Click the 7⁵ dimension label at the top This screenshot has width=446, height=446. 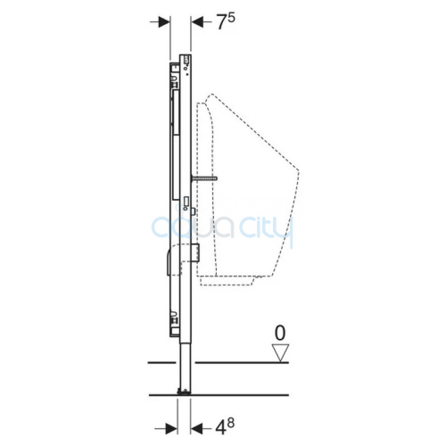pyautogui.click(x=226, y=22)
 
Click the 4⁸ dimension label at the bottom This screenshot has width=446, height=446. pyautogui.click(x=225, y=427)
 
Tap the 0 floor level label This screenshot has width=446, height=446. pyautogui.click(x=280, y=333)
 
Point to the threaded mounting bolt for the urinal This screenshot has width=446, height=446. pyautogui.click(x=204, y=178)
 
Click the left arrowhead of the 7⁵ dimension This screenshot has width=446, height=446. pyautogui.click(x=164, y=22)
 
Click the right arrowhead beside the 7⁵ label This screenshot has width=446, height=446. pyautogui.click(x=197, y=22)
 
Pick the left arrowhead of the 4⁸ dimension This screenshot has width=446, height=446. pyautogui.click(x=171, y=428)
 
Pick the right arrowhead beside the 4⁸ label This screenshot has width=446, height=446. pyautogui.click(x=197, y=428)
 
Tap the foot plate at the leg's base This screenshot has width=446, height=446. pyautogui.click(x=185, y=392)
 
